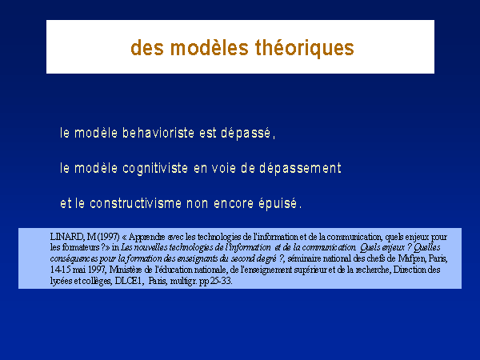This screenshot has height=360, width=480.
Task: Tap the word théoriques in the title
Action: (x=305, y=48)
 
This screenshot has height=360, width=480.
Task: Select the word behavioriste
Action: (x=158, y=133)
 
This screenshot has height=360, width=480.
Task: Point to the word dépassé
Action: (x=246, y=134)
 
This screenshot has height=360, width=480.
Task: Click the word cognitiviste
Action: (x=155, y=168)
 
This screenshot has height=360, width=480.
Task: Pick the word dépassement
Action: (x=300, y=168)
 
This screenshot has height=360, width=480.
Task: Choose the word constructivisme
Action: (x=135, y=203)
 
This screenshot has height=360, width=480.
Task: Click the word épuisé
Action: (x=278, y=204)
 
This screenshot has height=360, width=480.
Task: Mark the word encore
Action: (x=234, y=204)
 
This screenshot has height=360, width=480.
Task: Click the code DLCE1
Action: (x=129, y=281)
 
